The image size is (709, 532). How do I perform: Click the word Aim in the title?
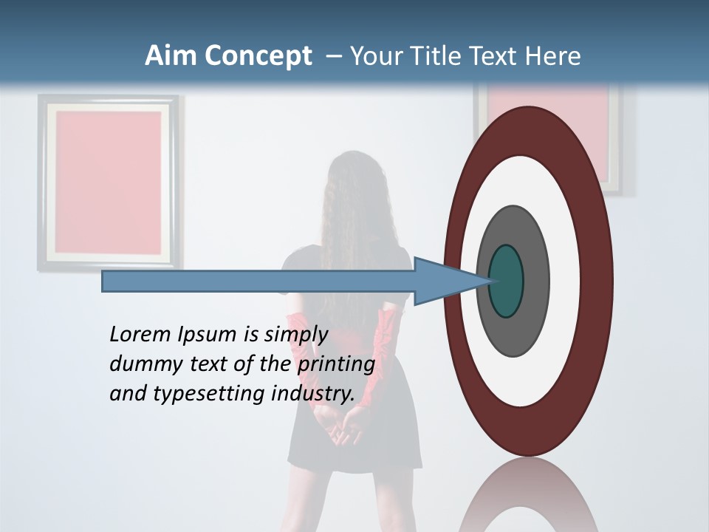tap(171, 56)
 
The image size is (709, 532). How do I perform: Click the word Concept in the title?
tap(258, 56)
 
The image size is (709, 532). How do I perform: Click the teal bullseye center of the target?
tap(507, 281)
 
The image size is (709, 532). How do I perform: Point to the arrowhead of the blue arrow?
tap(443, 281)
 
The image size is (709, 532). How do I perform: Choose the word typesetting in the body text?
tap(210, 394)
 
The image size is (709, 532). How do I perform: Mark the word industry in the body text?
tap(313, 394)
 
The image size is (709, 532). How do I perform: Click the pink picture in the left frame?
tap(109, 181)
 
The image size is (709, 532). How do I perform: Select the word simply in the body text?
tap(295, 335)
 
